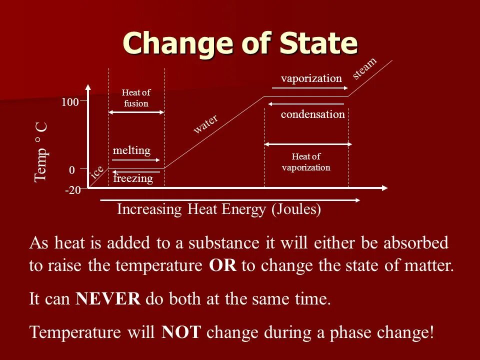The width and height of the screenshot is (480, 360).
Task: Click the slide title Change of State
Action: pyautogui.click(x=240, y=43)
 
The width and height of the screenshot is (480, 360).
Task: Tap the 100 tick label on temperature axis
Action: pyautogui.click(x=70, y=102)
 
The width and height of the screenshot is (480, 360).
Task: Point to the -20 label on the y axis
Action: pyautogui.click(x=73, y=190)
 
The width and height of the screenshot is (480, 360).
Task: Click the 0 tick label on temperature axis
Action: pyautogui.click(x=72, y=171)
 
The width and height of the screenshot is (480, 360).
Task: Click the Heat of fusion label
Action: pyautogui.click(x=136, y=98)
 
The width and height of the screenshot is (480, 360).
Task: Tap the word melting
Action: pyautogui.click(x=131, y=150)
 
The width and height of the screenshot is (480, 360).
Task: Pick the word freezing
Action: pyautogui.click(x=133, y=178)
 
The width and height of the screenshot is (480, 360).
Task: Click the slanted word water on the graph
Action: pyautogui.click(x=206, y=124)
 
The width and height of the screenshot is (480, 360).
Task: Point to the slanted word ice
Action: pyautogui.click(x=97, y=171)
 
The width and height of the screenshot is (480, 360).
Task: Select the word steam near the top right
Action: pyautogui.click(x=364, y=68)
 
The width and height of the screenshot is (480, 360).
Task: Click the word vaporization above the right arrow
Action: pyautogui.click(x=311, y=78)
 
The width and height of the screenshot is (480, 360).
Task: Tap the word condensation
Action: pyautogui.click(x=312, y=114)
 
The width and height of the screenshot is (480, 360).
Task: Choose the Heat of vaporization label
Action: pyautogui.click(x=306, y=162)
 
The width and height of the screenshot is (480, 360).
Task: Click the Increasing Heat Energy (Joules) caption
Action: pyautogui.click(x=219, y=209)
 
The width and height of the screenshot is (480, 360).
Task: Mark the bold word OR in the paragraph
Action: pyautogui.click(x=223, y=265)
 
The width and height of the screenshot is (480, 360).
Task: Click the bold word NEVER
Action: pyautogui.click(x=108, y=299)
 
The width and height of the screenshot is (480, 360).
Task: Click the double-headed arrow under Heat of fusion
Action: pyautogui.click(x=136, y=112)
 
